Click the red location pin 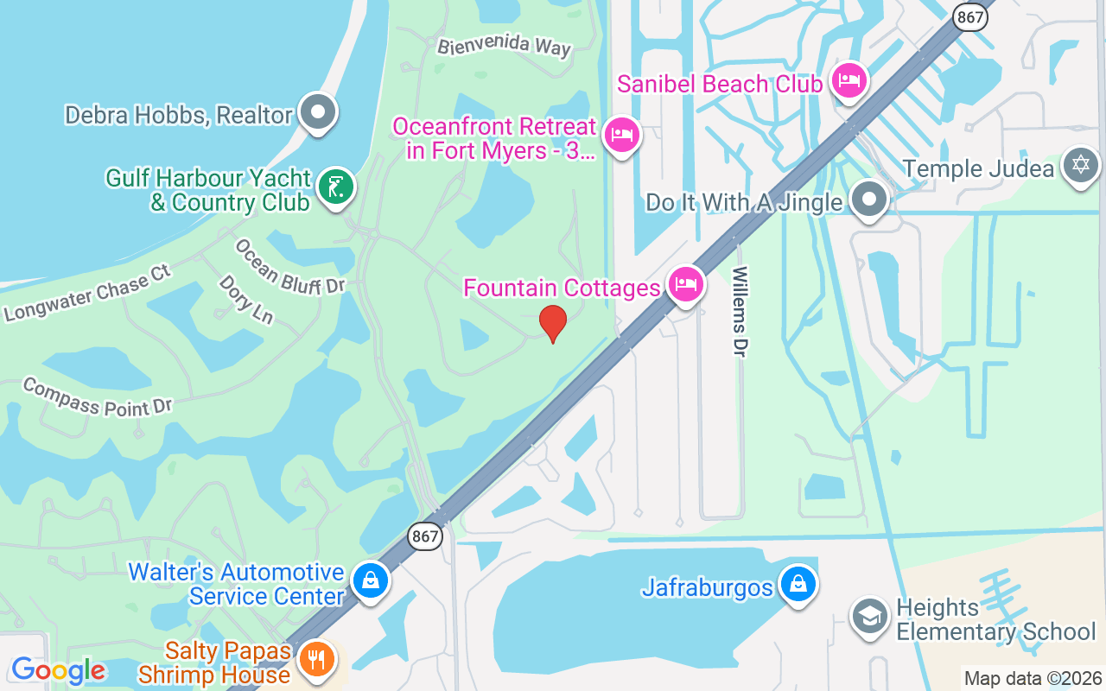pyautogui.click(x=553, y=323)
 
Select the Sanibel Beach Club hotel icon pyautogui.click(x=849, y=81)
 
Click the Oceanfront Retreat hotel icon pyautogui.click(x=621, y=135)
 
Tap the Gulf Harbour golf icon pyautogui.click(x=335, y=187)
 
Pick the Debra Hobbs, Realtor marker pyautogui.click(x=318, y=112)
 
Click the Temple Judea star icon pyautogui.click(x=1081, y=165)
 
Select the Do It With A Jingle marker pyautogui.click(x=868, y=200)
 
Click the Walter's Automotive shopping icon pyautogui.click(x=371, y=580)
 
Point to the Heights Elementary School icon pyautogui.click(x=868, y=616)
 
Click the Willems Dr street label pyautogui.click(x=740, y=311)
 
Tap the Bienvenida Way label pyautogui.click(x=504, y=45)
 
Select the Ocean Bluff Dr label pyautogui.click(x=289, y=267)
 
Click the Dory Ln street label pyautogui.click(x=245, y=299)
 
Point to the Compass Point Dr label pyautogui.click(x=98, y=396)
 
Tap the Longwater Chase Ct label pyautogui.click(x=86, y=293)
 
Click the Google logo pyautogui.click(x=58, y=670)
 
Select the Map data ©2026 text pyautogui.click(x=1033, y=679)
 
